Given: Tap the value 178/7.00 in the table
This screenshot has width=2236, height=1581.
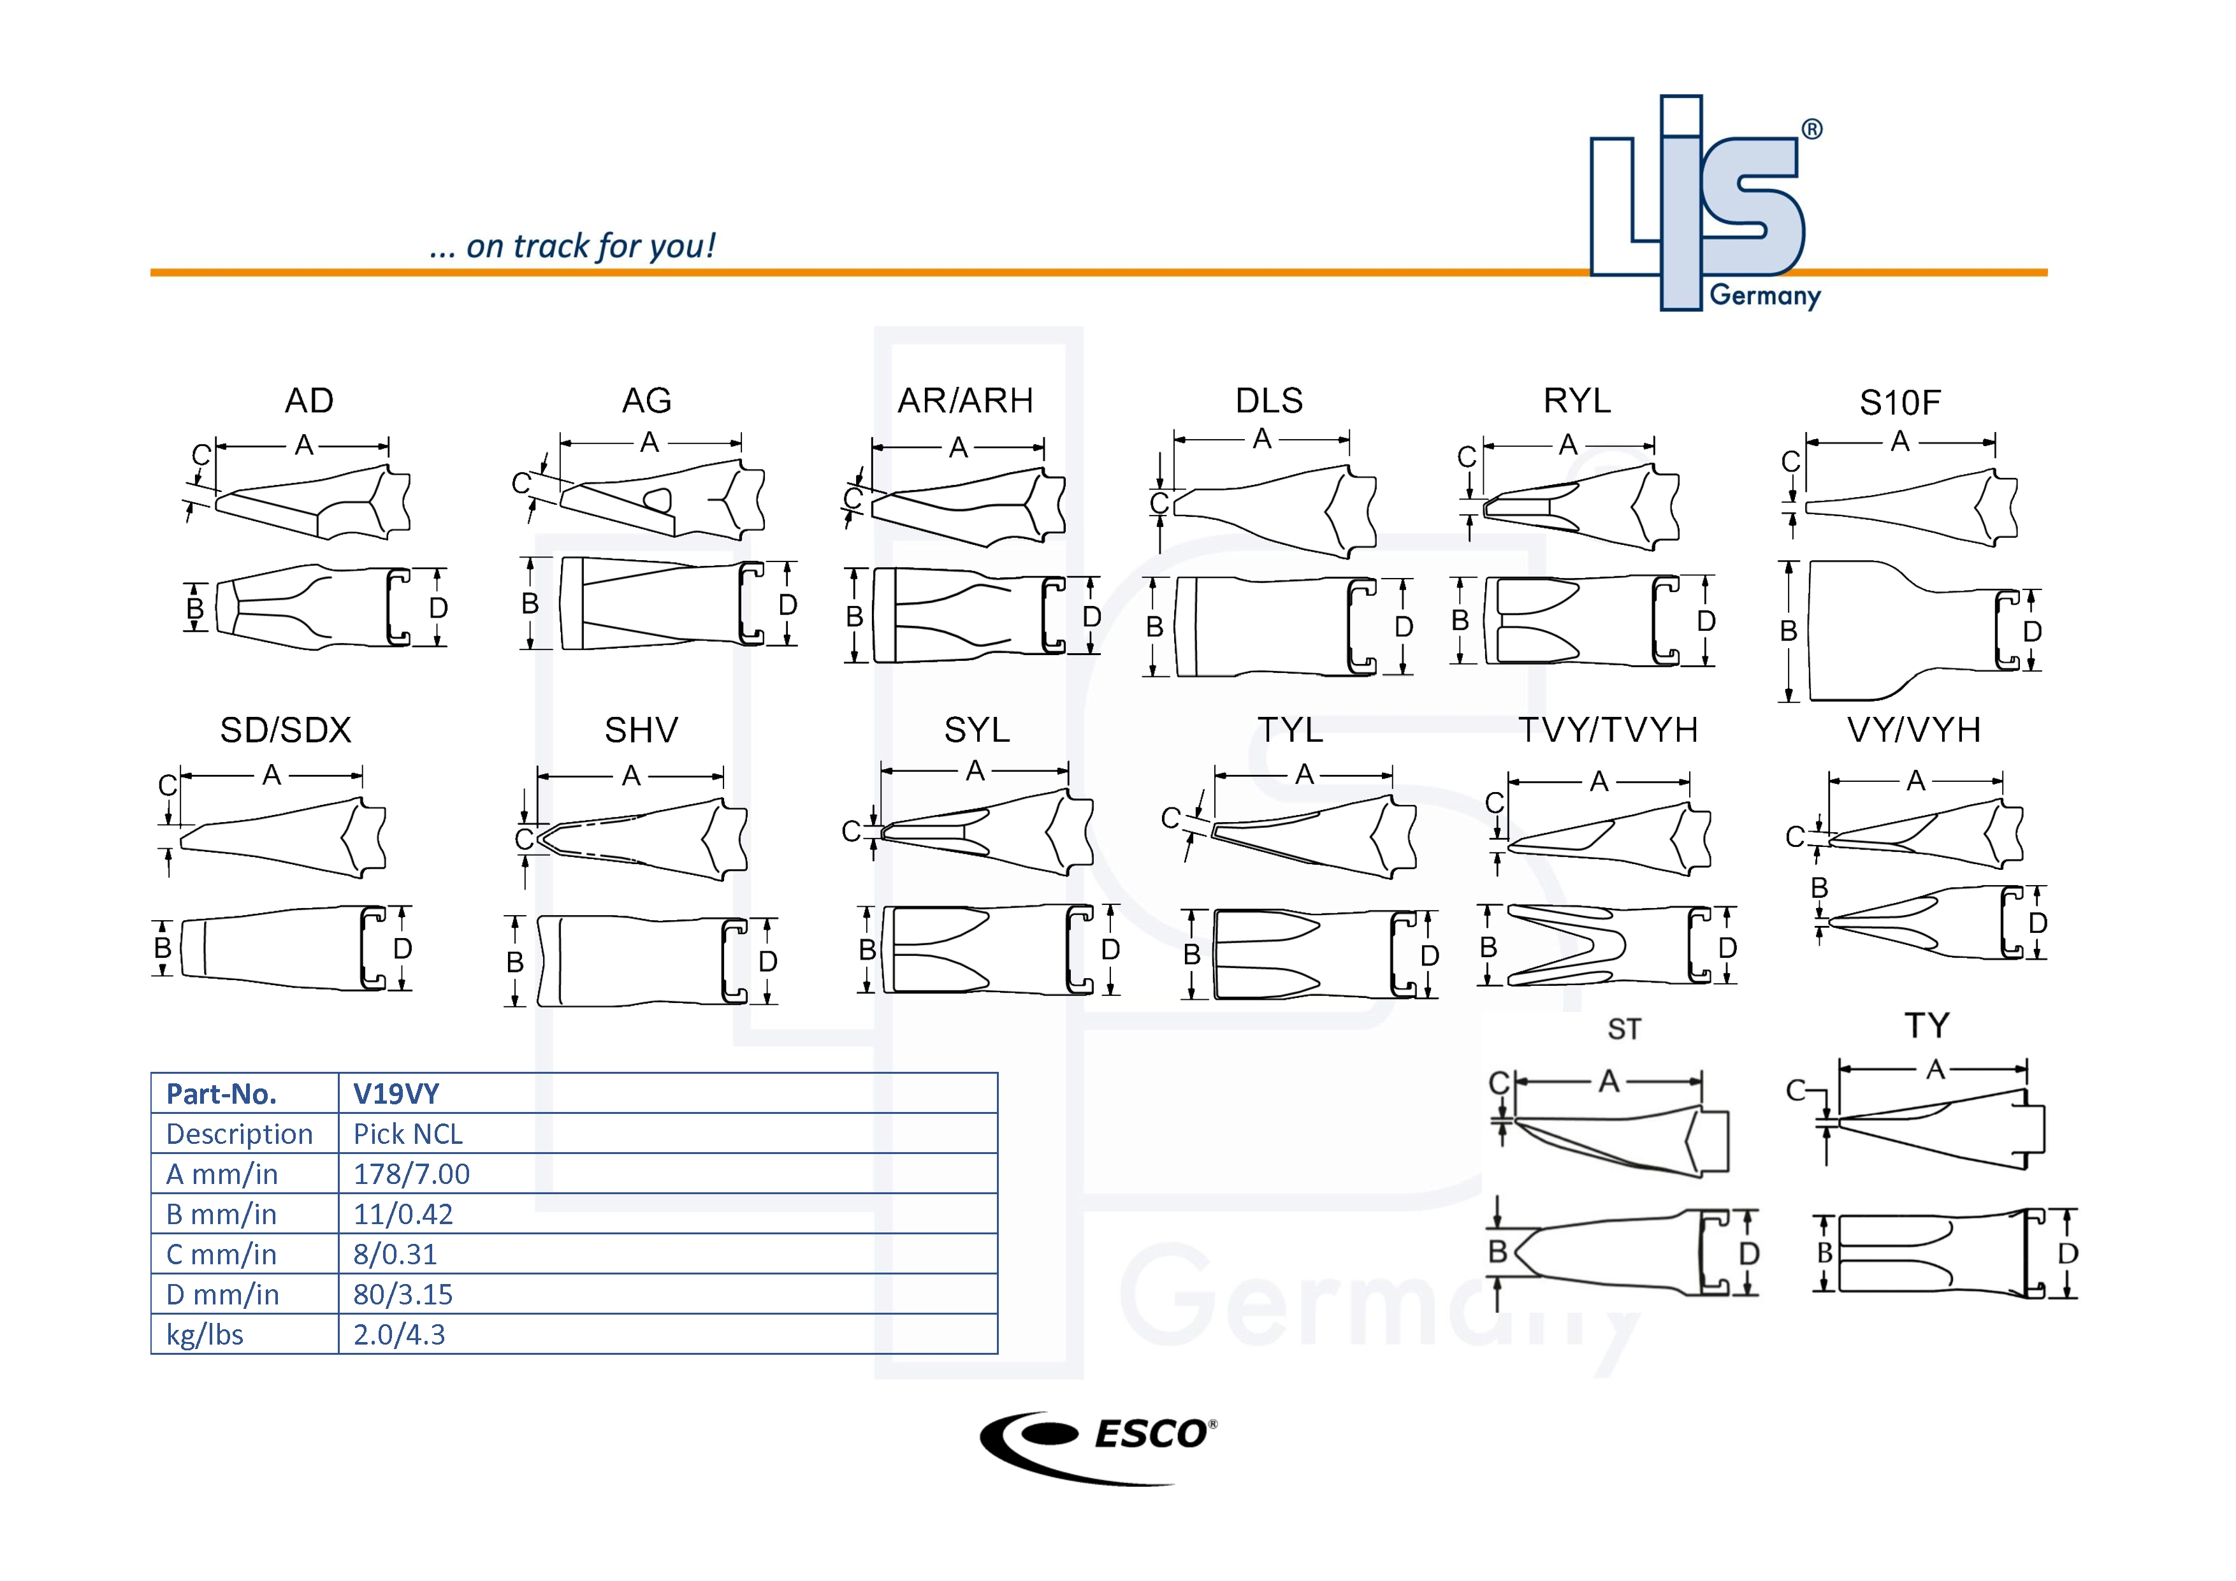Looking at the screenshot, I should (x=411, y=1174).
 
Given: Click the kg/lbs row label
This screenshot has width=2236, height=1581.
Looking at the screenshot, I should (x=205, y=1334).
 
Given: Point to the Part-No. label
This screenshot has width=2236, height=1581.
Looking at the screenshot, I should (x=221, y=1094).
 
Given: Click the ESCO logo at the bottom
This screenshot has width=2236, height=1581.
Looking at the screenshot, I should (x=1098, y=1447).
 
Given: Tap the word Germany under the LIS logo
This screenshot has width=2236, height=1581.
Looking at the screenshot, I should (x=1765, y=295).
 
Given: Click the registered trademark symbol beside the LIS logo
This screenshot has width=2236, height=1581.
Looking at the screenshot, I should (x=1811, y=129).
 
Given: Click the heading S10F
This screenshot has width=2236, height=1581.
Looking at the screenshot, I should (x=1899, y=402).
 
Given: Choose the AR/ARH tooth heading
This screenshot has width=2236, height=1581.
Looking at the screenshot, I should (x=965, y=400).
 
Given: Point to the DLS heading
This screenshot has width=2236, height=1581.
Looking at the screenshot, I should (x=1269, y=400).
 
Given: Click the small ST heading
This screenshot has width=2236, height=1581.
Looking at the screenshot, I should (x=1623, y=1029).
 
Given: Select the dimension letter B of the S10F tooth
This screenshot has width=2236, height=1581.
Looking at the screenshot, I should (x=1788, y=631).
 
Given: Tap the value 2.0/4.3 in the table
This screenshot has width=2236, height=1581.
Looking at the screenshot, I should (x=398, y=1334).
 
